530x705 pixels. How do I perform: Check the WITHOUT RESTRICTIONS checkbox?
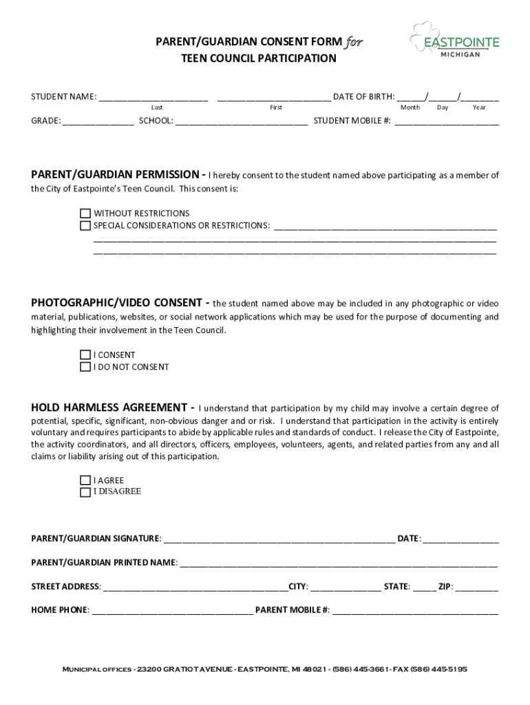85,213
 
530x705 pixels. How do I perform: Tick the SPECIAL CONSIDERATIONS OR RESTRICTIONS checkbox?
85,226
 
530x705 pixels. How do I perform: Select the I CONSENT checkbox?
85,355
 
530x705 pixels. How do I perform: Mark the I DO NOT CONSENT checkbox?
85,367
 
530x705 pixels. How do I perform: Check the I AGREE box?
85,481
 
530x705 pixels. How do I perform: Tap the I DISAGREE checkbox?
85,492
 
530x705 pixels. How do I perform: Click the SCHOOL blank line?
242,123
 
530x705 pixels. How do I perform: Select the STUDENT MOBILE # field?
447,123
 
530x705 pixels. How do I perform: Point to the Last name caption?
157,108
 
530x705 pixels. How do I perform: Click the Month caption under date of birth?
410,108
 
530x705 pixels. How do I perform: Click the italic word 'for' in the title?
354,42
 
